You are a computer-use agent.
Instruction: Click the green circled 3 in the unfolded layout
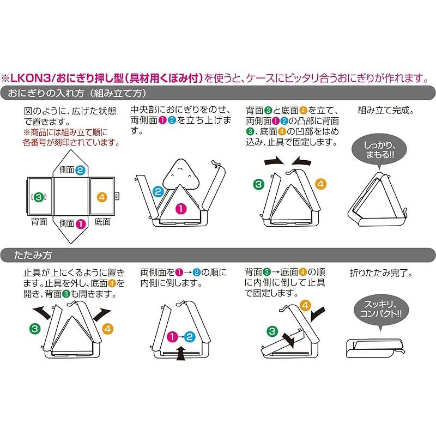(39, 197)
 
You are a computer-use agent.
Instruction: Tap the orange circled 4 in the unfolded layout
(102, 197)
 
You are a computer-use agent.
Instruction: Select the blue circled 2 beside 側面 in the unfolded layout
(80, 170)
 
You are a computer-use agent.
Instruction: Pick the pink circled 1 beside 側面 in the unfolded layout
(81, 224)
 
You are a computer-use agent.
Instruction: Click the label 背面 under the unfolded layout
(39, 222)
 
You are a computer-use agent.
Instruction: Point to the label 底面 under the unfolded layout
(102, 222)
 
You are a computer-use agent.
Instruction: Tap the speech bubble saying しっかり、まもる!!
(379, 152)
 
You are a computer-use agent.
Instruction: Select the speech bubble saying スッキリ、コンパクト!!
(380, 311)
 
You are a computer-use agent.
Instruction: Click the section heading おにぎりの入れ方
(46, 93)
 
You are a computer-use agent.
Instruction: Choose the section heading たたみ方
(33, 255)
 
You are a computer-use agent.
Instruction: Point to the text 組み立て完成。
(386, 111)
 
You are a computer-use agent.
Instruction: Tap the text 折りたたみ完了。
(381, 273)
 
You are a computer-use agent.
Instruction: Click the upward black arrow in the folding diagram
(181, 353)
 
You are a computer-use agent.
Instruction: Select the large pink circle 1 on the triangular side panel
(181, 209)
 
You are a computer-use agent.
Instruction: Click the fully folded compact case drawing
(375, 348)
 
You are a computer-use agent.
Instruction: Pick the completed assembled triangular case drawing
(377, 199)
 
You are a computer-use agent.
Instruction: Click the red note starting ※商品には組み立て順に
(72, 137)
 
